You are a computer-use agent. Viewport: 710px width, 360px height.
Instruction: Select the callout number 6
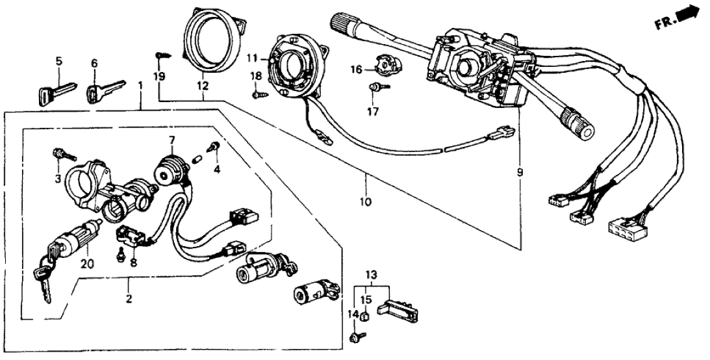tap(94, 63)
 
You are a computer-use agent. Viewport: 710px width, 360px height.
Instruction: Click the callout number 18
tap(257, 77)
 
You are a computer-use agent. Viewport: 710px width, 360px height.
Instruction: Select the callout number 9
tap(519, 173)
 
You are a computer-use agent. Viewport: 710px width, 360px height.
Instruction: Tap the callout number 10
tap(365, 202)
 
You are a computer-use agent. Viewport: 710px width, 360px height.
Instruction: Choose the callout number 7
tap(171, 140)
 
